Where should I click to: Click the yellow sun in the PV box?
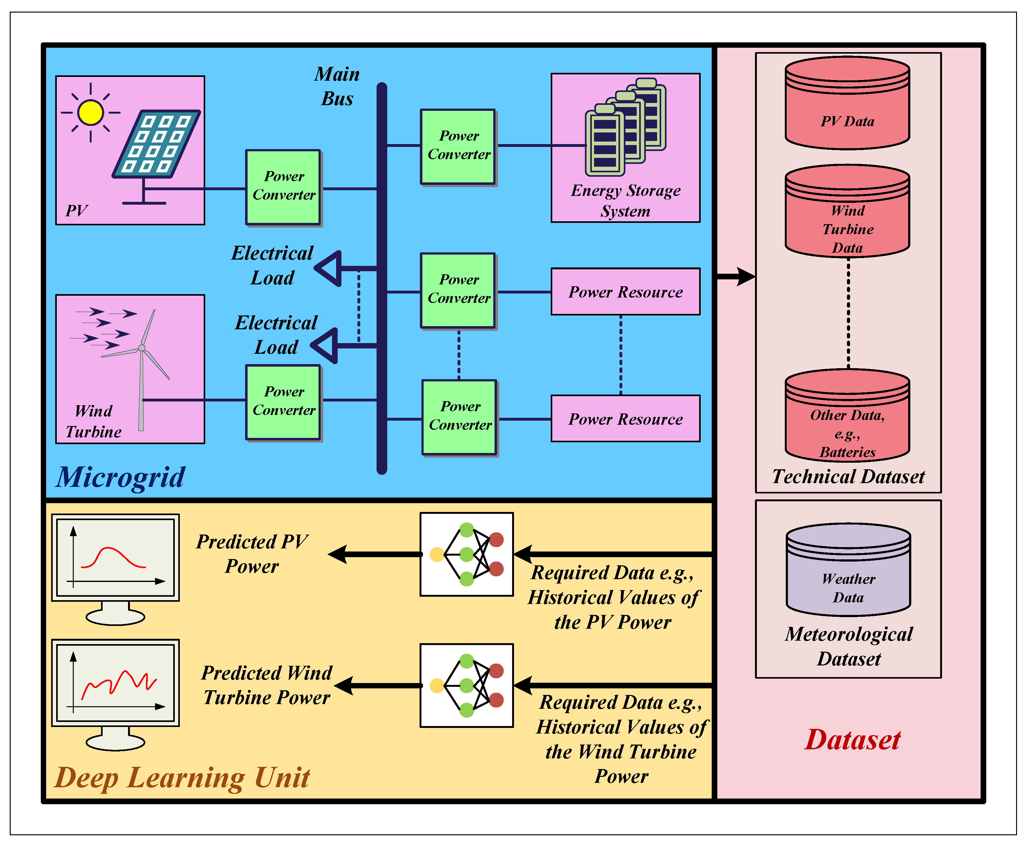90,112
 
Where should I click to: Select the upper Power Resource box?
625,292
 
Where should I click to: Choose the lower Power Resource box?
625,419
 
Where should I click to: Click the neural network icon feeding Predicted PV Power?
467,554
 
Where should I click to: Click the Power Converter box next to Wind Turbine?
283,402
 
